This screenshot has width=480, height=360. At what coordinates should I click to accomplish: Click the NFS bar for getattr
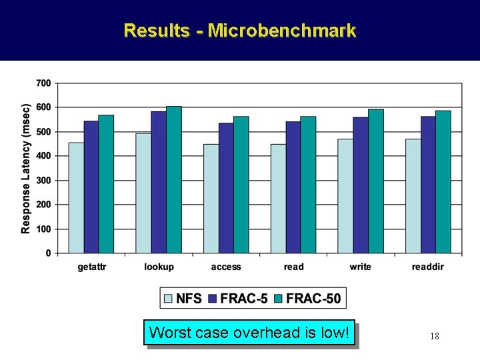click(76, 198)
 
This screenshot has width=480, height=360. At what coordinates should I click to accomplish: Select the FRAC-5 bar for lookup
click(159, 182)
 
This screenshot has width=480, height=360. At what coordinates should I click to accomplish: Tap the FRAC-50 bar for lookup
click(174, 179)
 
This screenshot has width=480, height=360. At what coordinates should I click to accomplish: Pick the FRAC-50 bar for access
click(241, 185)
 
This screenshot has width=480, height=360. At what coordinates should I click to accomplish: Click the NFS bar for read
click(278, 199)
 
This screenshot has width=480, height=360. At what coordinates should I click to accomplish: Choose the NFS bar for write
click(345, 196)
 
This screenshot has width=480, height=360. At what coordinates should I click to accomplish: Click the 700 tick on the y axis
click(43, 83)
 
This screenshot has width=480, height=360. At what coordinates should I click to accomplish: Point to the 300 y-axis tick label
click(43, 181)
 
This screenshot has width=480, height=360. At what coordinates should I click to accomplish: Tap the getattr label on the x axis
click(92, 267)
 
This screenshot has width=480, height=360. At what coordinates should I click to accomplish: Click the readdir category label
click(428, 267)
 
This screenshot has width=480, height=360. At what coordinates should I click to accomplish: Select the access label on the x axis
click(226, 267)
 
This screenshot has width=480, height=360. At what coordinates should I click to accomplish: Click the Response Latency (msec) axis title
click(25, 168)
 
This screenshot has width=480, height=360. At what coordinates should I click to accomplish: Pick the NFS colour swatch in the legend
click(168, 299)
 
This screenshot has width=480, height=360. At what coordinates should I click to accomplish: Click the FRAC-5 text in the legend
click(245, 299)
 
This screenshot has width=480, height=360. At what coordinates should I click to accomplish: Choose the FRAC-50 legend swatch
click(279, 299)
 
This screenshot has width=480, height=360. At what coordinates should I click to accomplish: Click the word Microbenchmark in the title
click(282, 31)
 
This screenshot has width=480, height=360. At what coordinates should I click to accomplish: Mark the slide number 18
click(434, 337)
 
